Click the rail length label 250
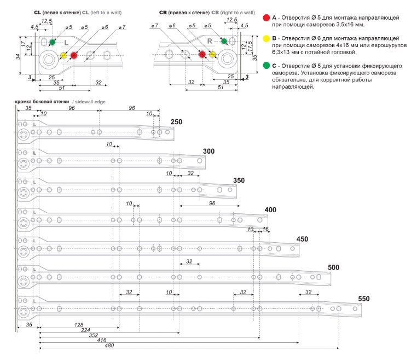(176, 122)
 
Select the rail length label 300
(208, 151)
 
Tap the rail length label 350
(239, 180)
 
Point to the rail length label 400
(270, 209)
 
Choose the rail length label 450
(303, 239)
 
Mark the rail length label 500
(333, 267)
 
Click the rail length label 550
(364, 299)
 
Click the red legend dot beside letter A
(266, 18)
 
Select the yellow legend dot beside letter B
(266, 38)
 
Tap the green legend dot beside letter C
(266, 66)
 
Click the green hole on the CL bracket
(53, 42)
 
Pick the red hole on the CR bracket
(202, 55)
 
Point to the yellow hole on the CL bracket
(63, 55)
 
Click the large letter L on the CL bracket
(66, 43)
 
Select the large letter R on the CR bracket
(210, 41)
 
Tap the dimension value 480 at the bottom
(109, 345)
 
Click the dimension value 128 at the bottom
(79, 325)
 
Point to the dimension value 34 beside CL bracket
(18, 57)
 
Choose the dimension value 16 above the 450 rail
(265, 229)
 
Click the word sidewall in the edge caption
(83, 102)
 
